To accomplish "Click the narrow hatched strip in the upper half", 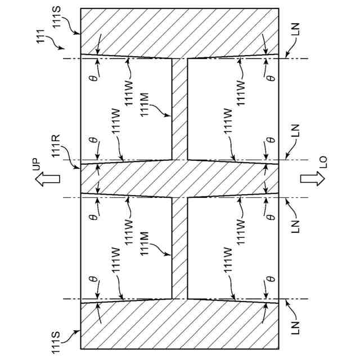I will point(179,107).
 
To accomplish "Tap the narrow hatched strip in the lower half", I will point(179,247).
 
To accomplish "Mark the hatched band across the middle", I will point(180,179).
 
